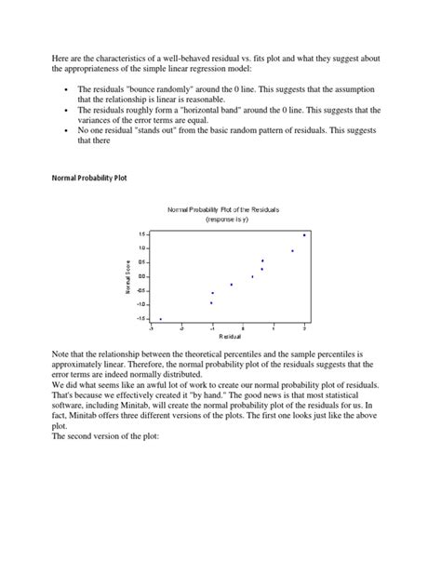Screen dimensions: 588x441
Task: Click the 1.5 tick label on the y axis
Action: coord(142,234)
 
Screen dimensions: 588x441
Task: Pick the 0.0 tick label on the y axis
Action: coord(142,276)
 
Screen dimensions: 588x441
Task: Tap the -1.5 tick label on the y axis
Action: coord(141,318)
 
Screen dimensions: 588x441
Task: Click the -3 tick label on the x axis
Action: coord(151,328)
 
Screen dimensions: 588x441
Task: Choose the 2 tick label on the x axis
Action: coord(304,328)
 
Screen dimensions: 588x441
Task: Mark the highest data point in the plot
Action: coord(304,235)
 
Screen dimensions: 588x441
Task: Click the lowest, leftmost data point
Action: coord(160,319)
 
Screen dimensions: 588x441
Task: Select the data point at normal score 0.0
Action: coord(252,276)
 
